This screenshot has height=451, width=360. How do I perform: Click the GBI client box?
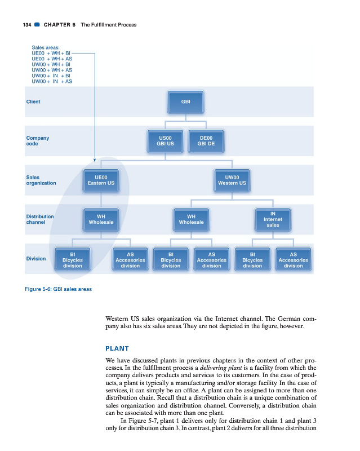point(185,102)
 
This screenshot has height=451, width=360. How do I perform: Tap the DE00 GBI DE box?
point(206,140)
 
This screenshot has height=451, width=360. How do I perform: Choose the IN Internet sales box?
point(273,219)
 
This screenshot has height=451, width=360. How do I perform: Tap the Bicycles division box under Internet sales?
point(252,260)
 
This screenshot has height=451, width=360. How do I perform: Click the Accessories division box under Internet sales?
point(293,260)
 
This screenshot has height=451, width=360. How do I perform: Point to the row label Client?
point(33,102)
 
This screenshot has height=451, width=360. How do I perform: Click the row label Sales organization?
point(41,180)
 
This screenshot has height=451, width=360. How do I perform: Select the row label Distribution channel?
point(40,219)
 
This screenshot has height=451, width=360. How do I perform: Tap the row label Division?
point(36,259)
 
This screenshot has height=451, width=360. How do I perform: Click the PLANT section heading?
point(117,348)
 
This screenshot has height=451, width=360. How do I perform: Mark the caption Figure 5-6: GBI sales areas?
point(59,289)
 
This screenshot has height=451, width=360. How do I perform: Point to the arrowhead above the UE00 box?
point(94,160)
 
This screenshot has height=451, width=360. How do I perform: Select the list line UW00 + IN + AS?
point(52,81)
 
